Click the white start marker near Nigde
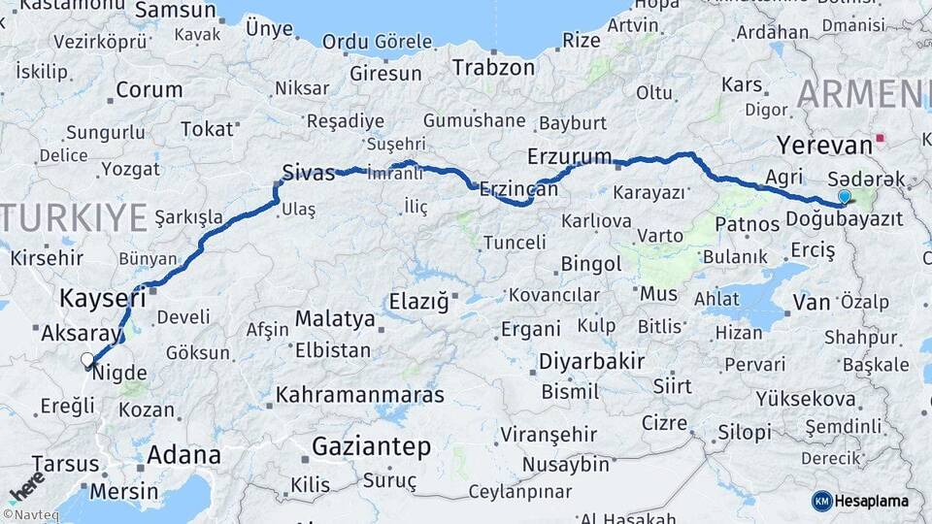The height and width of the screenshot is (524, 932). point(87,360)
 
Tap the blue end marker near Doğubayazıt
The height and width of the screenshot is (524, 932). point(844,197)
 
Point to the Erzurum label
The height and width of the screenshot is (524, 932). point(569,156)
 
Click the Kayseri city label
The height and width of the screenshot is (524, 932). point(102,297)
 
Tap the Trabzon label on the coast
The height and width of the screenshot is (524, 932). point(493,68)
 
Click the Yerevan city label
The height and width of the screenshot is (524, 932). point(825,146)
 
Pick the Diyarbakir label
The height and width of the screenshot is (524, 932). point(592,362)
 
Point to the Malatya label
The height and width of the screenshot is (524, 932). point(334,318)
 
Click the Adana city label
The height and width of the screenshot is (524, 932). point(183,454)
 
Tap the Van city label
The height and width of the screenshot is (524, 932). point(811,303)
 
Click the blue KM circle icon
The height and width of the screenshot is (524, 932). point(821,501)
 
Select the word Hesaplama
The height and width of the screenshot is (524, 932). point(871,501)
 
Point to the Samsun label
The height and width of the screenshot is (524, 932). point(175,11)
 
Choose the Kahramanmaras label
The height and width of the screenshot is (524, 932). point(359,395)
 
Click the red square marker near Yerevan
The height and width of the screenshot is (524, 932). point(881,139)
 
